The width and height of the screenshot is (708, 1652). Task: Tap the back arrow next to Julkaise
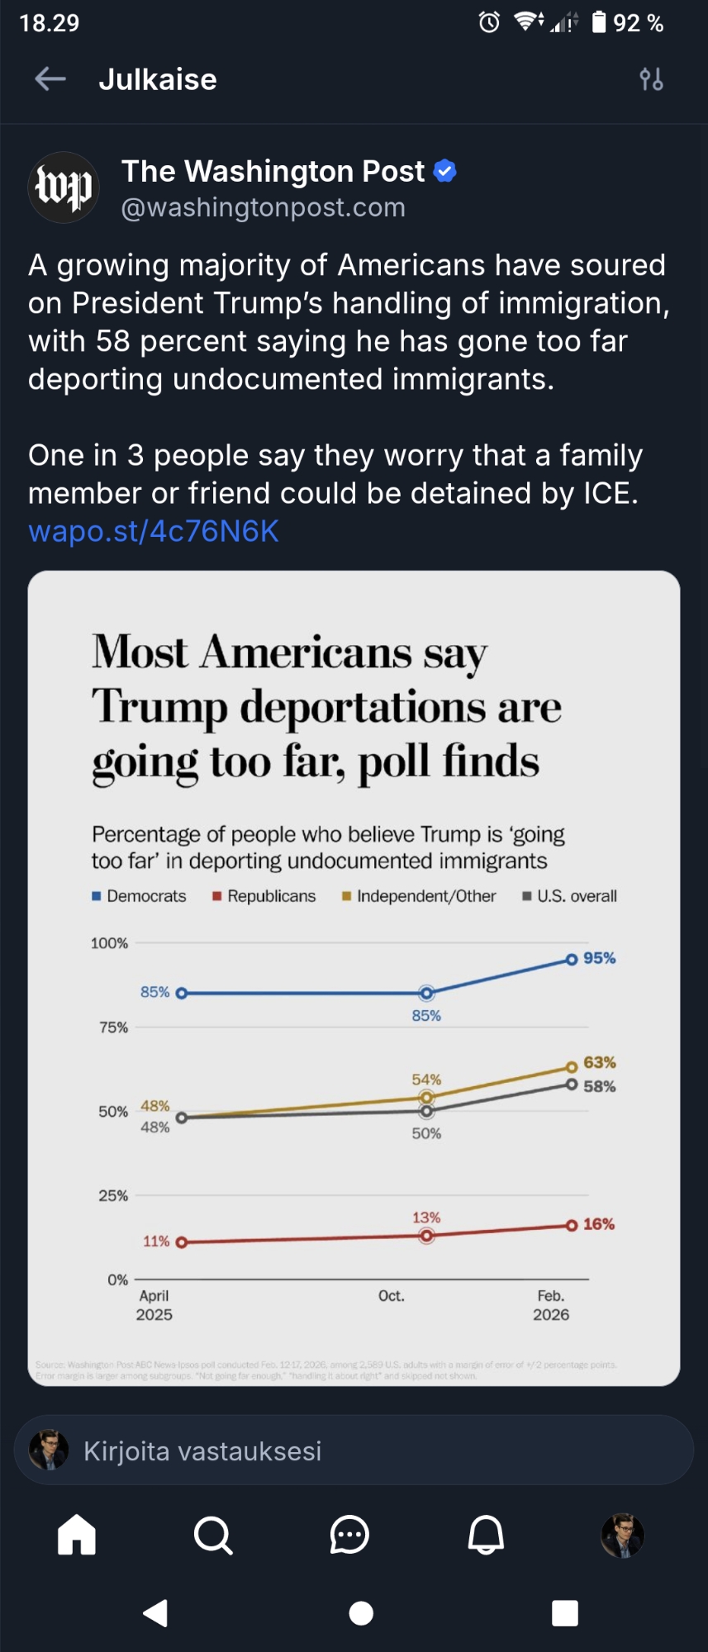coord(50,79)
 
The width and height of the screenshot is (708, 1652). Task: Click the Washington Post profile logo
coord(64,188)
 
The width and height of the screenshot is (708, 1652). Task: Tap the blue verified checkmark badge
coord(444,171)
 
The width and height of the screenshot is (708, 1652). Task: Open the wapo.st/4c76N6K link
coord(154,531)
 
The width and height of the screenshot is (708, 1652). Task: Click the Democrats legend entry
coord(140,896)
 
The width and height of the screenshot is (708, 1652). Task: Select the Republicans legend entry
coord(264,896)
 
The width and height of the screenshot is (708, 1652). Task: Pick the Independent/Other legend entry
coord(419,896)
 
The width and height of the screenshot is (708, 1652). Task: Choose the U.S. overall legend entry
coord(570,896)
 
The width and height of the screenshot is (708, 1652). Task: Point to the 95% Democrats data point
coord(571,959)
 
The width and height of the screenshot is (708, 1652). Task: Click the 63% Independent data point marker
coord(571,1066)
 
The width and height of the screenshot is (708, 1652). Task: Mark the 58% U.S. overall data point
coord(571,1084)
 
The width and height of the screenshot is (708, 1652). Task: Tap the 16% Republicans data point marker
coord(571,1225)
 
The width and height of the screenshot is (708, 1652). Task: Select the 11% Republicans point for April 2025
coord(181,1241)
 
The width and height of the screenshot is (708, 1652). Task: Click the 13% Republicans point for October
coord(426,1236)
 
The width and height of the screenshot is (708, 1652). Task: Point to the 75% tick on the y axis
coord(114,1028)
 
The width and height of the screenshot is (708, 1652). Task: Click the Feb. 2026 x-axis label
coord(551,1305)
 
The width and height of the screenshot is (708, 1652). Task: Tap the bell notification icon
coord(486,1536)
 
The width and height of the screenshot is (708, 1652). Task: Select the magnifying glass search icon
coord(213,1536)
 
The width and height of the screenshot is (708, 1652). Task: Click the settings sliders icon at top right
coord(651,79)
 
